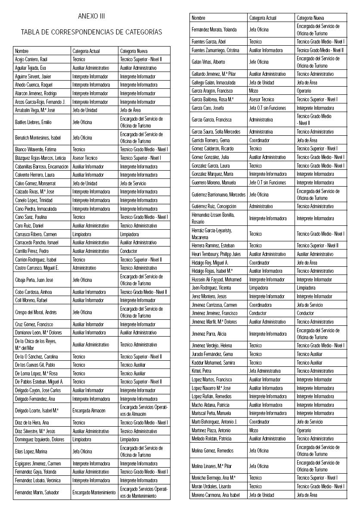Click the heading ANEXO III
[91, 16]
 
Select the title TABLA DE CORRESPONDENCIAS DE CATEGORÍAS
[91, 32]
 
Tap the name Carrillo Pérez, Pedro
[32, 251]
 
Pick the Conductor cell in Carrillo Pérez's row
[129, 251]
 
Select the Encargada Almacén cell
[90, 411]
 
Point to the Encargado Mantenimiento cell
[94, 492]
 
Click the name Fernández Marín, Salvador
[37, 492]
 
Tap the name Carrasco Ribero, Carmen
[36, 234]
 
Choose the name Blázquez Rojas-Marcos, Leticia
[40, 158]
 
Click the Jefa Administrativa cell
[265, 371]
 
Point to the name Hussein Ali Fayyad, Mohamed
[217, 280]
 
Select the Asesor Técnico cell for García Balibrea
[261, 100]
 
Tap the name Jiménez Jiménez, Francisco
[214, 313]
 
